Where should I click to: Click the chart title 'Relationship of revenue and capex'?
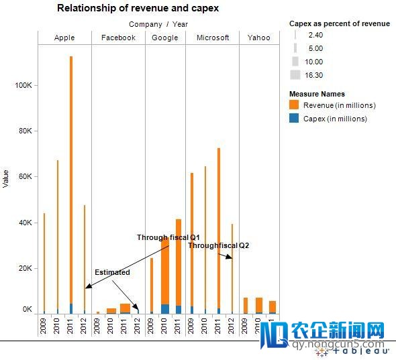pyautogui.click(x=138, y=9)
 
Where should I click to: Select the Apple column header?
pyautogui.click(x=64, y=38)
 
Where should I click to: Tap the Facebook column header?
pyautogui.click(x=118, y=38)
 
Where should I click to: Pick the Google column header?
pyautogui.click(x=165, y=38)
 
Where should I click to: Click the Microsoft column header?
pyautogui.click(x=213, y=38)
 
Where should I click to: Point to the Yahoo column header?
pyautogui.click(x=258, y=38)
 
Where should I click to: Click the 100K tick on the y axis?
pyautogui.click(x=24, y=86)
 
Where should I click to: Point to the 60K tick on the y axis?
pyautogui.click(x=24, y=177)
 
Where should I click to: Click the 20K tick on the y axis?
pyautogui.click(x=24, y=268)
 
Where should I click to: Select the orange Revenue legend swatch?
pyautogui.click(x=295, y=105)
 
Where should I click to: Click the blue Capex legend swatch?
pyautogui.click(x=295, y=119)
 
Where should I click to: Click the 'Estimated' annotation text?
pyautogui.click(x=112, y=273)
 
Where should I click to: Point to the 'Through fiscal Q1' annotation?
pyautogui.click(x=168, y=237)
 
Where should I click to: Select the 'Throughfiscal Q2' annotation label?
pyautogui.click(x=218, y=246)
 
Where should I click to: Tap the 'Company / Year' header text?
pyautogui.click(x=158, y=24)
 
